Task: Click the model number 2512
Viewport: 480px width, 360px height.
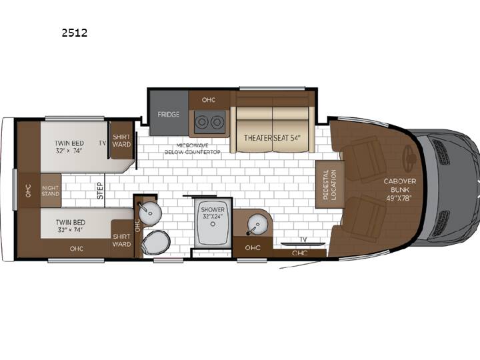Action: (x=75, y=33)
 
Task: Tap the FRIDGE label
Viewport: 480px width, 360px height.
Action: (x=169, y=115)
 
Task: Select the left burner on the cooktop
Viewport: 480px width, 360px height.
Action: (x=202, y=122)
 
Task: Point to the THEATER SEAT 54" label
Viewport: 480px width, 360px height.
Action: (x=272, y=138)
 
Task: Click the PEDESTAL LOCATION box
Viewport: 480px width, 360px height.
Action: (x=330, y=184)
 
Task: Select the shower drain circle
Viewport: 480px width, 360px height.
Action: (x=213, y=224)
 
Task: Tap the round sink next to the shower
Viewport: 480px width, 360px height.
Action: (x=258, y=225)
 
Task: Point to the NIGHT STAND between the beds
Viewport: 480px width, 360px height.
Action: (x=51, y=191)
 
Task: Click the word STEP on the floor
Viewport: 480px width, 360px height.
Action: (x=101, y=191)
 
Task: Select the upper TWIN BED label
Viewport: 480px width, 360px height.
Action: (x=69, y=147)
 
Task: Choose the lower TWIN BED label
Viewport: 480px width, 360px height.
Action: (x=71, y=226)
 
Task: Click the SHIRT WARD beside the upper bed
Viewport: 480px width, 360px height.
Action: (x=121, y=141)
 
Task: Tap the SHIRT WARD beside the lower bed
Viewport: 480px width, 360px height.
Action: (x=121, y=240)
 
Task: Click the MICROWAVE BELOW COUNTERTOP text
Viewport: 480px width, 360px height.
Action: (x=193, y=149)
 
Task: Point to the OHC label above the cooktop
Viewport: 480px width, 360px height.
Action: (x=209, y=100)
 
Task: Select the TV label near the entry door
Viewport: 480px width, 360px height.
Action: (x=303, y=240)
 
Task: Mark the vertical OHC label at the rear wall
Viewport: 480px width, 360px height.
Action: (x=28, y=191)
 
